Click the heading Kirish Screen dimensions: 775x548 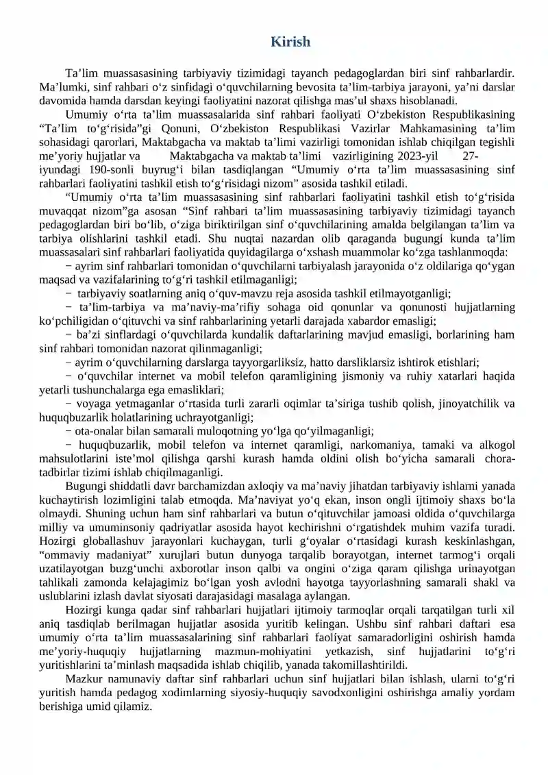pos(290,42)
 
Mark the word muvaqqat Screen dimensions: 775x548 pos(66,210)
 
